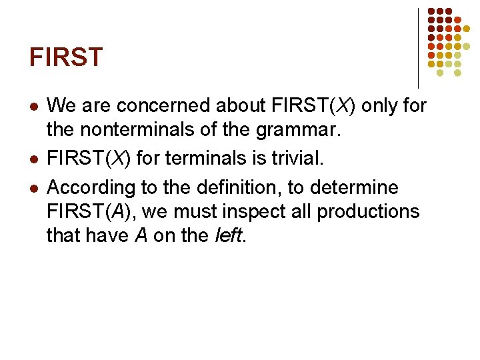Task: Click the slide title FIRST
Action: (66, 57)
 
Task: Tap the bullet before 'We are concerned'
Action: (33, 107)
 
